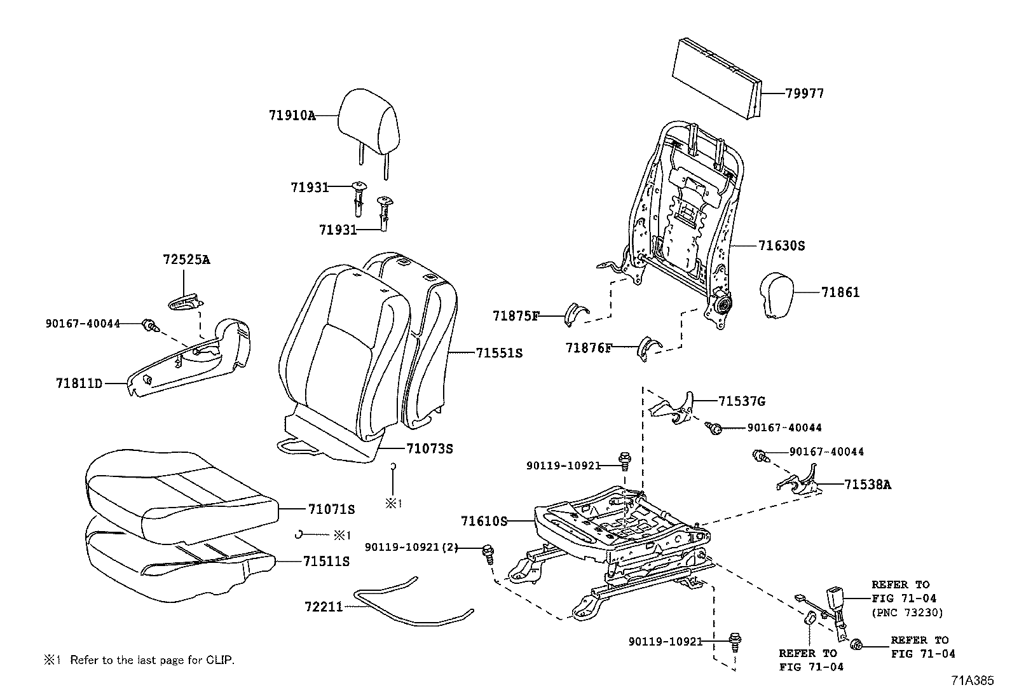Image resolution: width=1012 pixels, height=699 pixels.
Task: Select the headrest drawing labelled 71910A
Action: pos(369,121)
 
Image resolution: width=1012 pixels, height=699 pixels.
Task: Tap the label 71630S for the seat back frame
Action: pos(781,246)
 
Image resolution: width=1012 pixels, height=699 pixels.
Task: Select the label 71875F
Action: pos(516,315)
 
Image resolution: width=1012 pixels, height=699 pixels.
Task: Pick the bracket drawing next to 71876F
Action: pos(650,349)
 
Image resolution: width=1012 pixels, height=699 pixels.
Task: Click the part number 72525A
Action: pos(186,260)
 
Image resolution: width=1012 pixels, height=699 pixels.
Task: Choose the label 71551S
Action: pos(499,352)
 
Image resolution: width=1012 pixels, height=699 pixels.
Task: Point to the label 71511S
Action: pos(326,562)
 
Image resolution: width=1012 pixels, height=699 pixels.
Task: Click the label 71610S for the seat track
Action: pos(484,522)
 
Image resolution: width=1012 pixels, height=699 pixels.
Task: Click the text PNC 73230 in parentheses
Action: pos(907,613)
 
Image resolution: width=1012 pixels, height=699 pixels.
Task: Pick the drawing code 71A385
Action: pos(972,680)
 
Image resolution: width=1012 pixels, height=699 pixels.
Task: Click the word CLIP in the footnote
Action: pos(221,660)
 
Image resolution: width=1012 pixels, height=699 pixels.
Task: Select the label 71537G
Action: pos(741,401)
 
